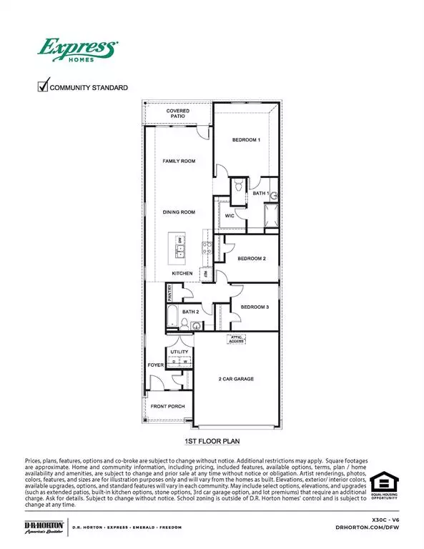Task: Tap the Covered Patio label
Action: coord(178,114)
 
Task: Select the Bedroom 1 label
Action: coord(246,140)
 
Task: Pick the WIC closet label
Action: coord(230,215)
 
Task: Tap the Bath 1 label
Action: coord(260,194)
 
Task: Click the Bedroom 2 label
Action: coord(252,258)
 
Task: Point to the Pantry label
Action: coord(170,291)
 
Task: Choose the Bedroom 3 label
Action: coord(254,307)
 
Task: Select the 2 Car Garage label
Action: coord(237,379)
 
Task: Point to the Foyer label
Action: coord(155,365)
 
